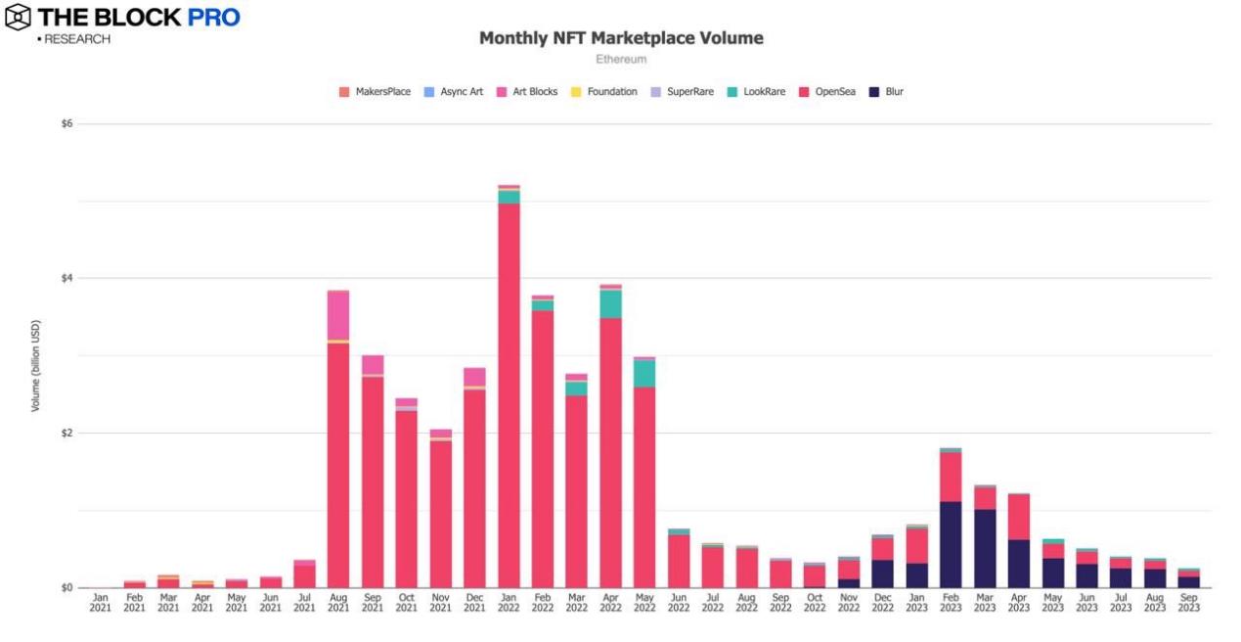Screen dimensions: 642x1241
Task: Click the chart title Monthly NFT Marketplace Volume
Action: pyautogui.click(x=621, y=38)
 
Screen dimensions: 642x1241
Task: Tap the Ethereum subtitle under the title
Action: pyautogui.click(x=621, y=59)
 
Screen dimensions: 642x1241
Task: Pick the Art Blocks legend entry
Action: pyautogui.click(x=528, y=92)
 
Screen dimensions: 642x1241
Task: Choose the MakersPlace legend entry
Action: pyautogui.click(x=376, y=92)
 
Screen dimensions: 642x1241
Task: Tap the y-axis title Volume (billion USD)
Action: pyautogui.click(x=36, y=365)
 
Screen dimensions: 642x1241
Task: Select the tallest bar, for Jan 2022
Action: pyautogui.click(x=509, y=391)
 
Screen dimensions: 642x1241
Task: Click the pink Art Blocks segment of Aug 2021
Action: pyautogui.click(x=338, y=315)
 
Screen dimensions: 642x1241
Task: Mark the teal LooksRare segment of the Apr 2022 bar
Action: pyautogui.click(x=610, y=304)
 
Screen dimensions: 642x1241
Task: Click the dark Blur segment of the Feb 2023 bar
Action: pyautogui.click(x=951, y=544)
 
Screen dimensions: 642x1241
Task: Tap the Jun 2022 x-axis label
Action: pyautogui.click(x=679, y=601)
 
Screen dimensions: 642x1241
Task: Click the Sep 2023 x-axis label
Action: pyautogui.click(x=1189, y=601)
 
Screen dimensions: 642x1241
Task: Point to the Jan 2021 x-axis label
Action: pyautogui.click(x=101, y=601)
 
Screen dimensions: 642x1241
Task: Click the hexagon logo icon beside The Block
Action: pyautogui.click(x=17, y=17)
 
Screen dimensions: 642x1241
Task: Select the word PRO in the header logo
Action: pyautogui.click(x=213, y=17)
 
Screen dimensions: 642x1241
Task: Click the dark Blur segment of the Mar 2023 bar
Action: pyautogui.click(x=985, y=548)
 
